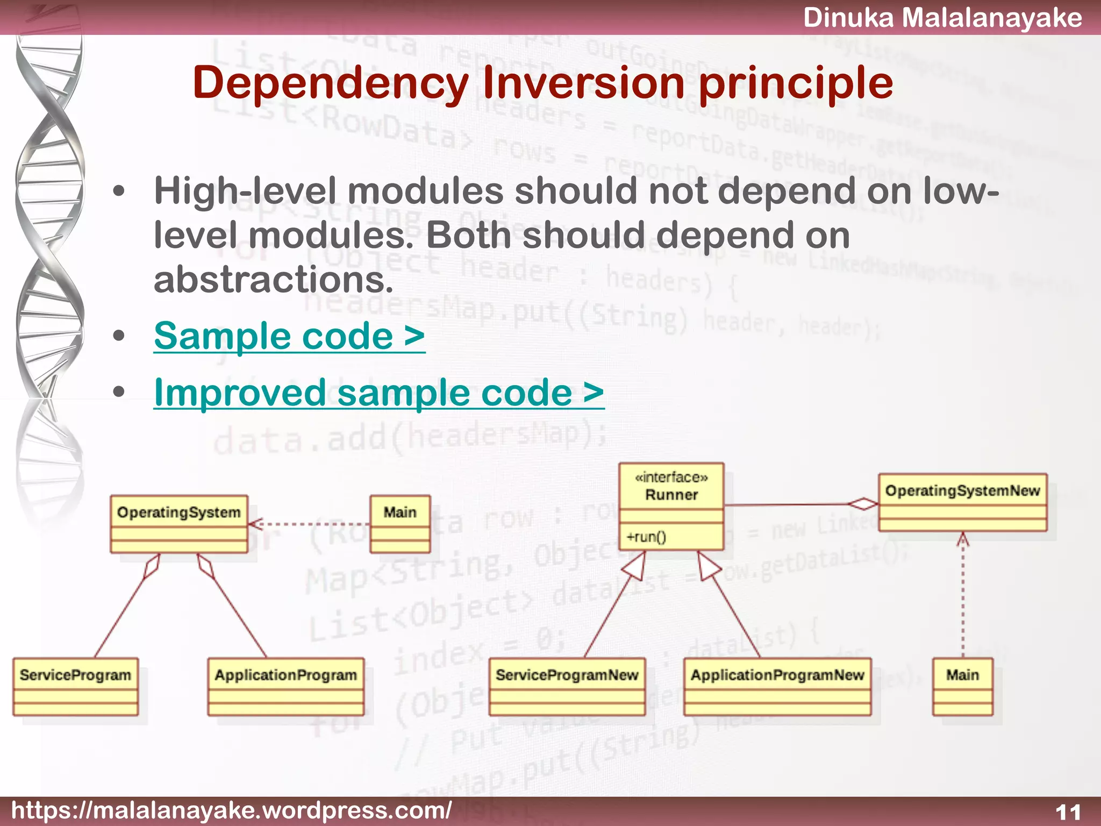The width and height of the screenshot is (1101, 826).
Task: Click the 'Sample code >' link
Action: tap(289, 336)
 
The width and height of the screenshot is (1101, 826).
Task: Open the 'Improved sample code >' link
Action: tap(378, 392)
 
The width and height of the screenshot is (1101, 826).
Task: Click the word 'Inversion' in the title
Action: tap(583, 83)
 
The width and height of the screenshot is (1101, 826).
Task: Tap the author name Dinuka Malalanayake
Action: tap(942, 17)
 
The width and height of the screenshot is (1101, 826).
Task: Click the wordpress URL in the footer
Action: tap(231, 810)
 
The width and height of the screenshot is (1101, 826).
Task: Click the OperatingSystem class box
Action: tap(179, 524)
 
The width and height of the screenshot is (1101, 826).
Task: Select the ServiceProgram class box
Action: tap(75, 686)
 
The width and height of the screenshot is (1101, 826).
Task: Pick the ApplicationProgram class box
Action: tap(285, 686)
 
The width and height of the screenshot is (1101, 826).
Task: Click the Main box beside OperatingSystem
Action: tap(400, 524)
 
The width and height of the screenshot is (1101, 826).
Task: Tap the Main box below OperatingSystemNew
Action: tap(962, 686)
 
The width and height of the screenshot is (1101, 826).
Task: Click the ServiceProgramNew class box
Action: tap(567, 686)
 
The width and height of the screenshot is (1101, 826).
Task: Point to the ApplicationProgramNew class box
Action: tap(777, 686)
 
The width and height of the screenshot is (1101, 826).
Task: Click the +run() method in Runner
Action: tap(646, 537)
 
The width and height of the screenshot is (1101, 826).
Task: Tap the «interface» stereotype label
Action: tap(671, 477)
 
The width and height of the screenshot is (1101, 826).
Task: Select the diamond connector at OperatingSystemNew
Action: tap(863, 504)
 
